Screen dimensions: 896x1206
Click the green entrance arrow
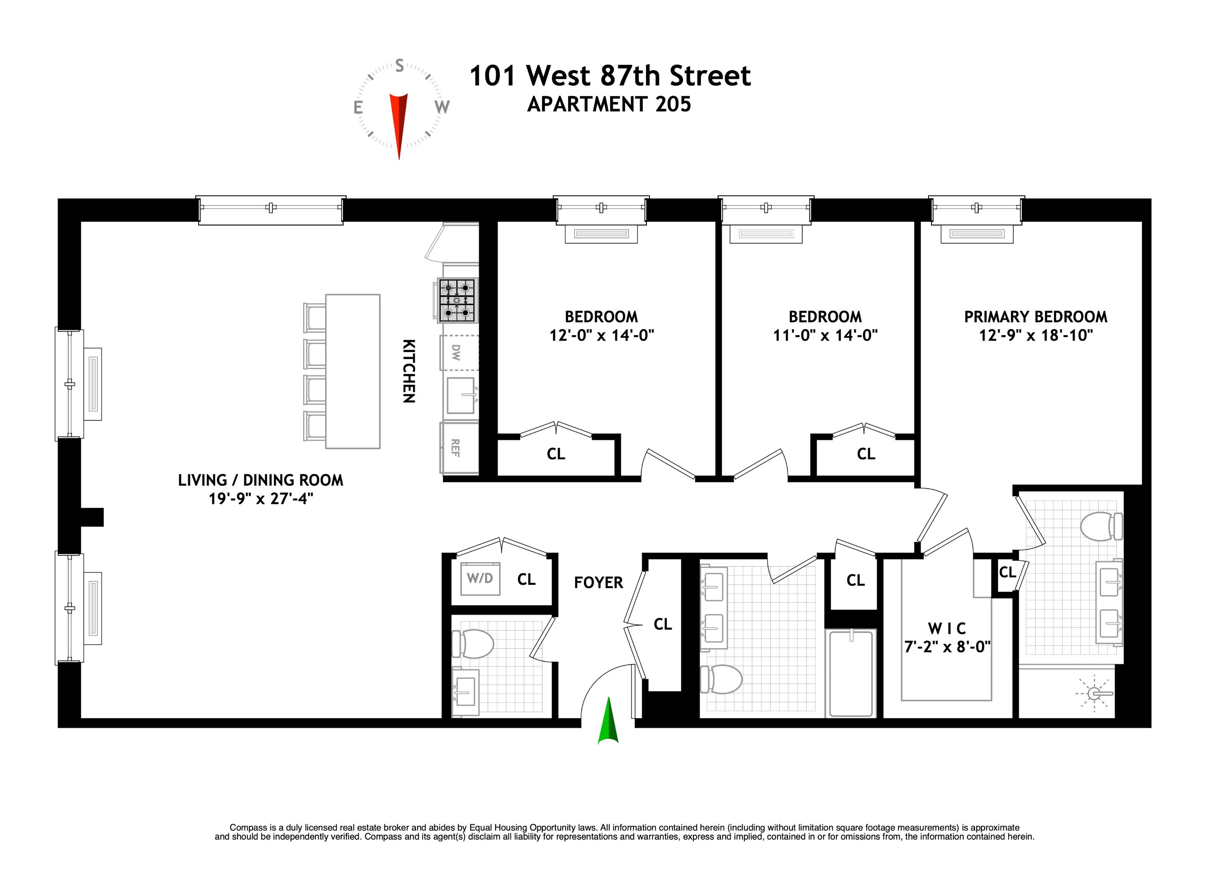608,722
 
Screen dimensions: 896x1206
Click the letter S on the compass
399,66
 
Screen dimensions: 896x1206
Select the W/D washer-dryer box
480,578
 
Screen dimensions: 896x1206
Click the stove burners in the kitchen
457,299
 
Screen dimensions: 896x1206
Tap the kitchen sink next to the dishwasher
461,395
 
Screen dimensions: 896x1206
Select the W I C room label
947,628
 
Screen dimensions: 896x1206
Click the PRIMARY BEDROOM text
1035,317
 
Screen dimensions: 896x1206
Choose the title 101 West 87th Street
610,76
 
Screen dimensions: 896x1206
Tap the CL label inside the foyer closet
663,624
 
